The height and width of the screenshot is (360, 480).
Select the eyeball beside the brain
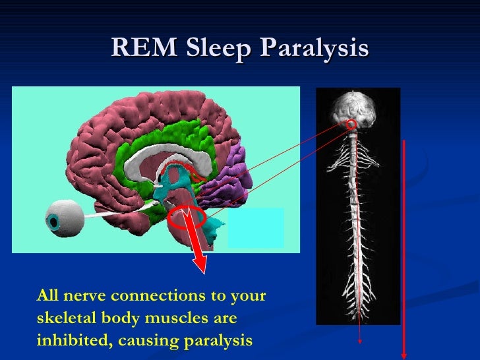(63, 217)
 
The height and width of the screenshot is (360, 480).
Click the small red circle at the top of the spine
(351, 124)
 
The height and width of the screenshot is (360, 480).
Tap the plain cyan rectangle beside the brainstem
(256, 227)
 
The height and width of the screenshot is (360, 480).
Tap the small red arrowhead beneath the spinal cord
(360, 341)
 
